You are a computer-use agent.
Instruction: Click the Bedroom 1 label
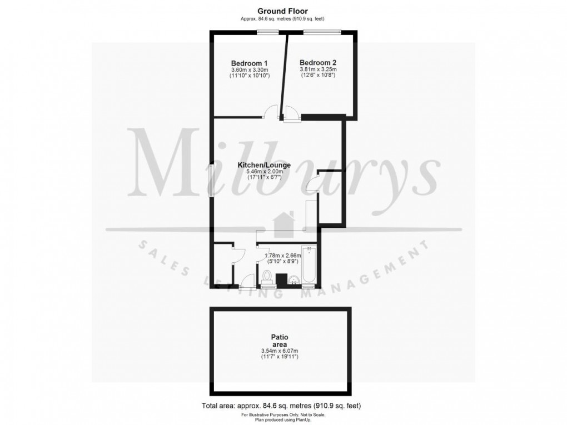250,63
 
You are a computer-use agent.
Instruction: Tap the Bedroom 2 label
317,62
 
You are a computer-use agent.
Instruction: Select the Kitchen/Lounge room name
264,166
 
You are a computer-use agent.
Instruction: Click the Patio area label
279,341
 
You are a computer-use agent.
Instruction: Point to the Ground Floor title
282,11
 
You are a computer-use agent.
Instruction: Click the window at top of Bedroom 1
268,32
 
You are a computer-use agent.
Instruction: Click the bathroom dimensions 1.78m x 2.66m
281,256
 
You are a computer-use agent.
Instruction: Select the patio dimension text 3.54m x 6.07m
279,351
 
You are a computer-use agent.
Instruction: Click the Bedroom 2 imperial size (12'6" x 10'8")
317,75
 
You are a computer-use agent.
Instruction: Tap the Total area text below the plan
282,405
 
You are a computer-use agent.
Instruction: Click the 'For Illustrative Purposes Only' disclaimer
282,414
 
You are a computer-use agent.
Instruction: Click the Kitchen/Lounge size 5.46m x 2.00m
265,172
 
